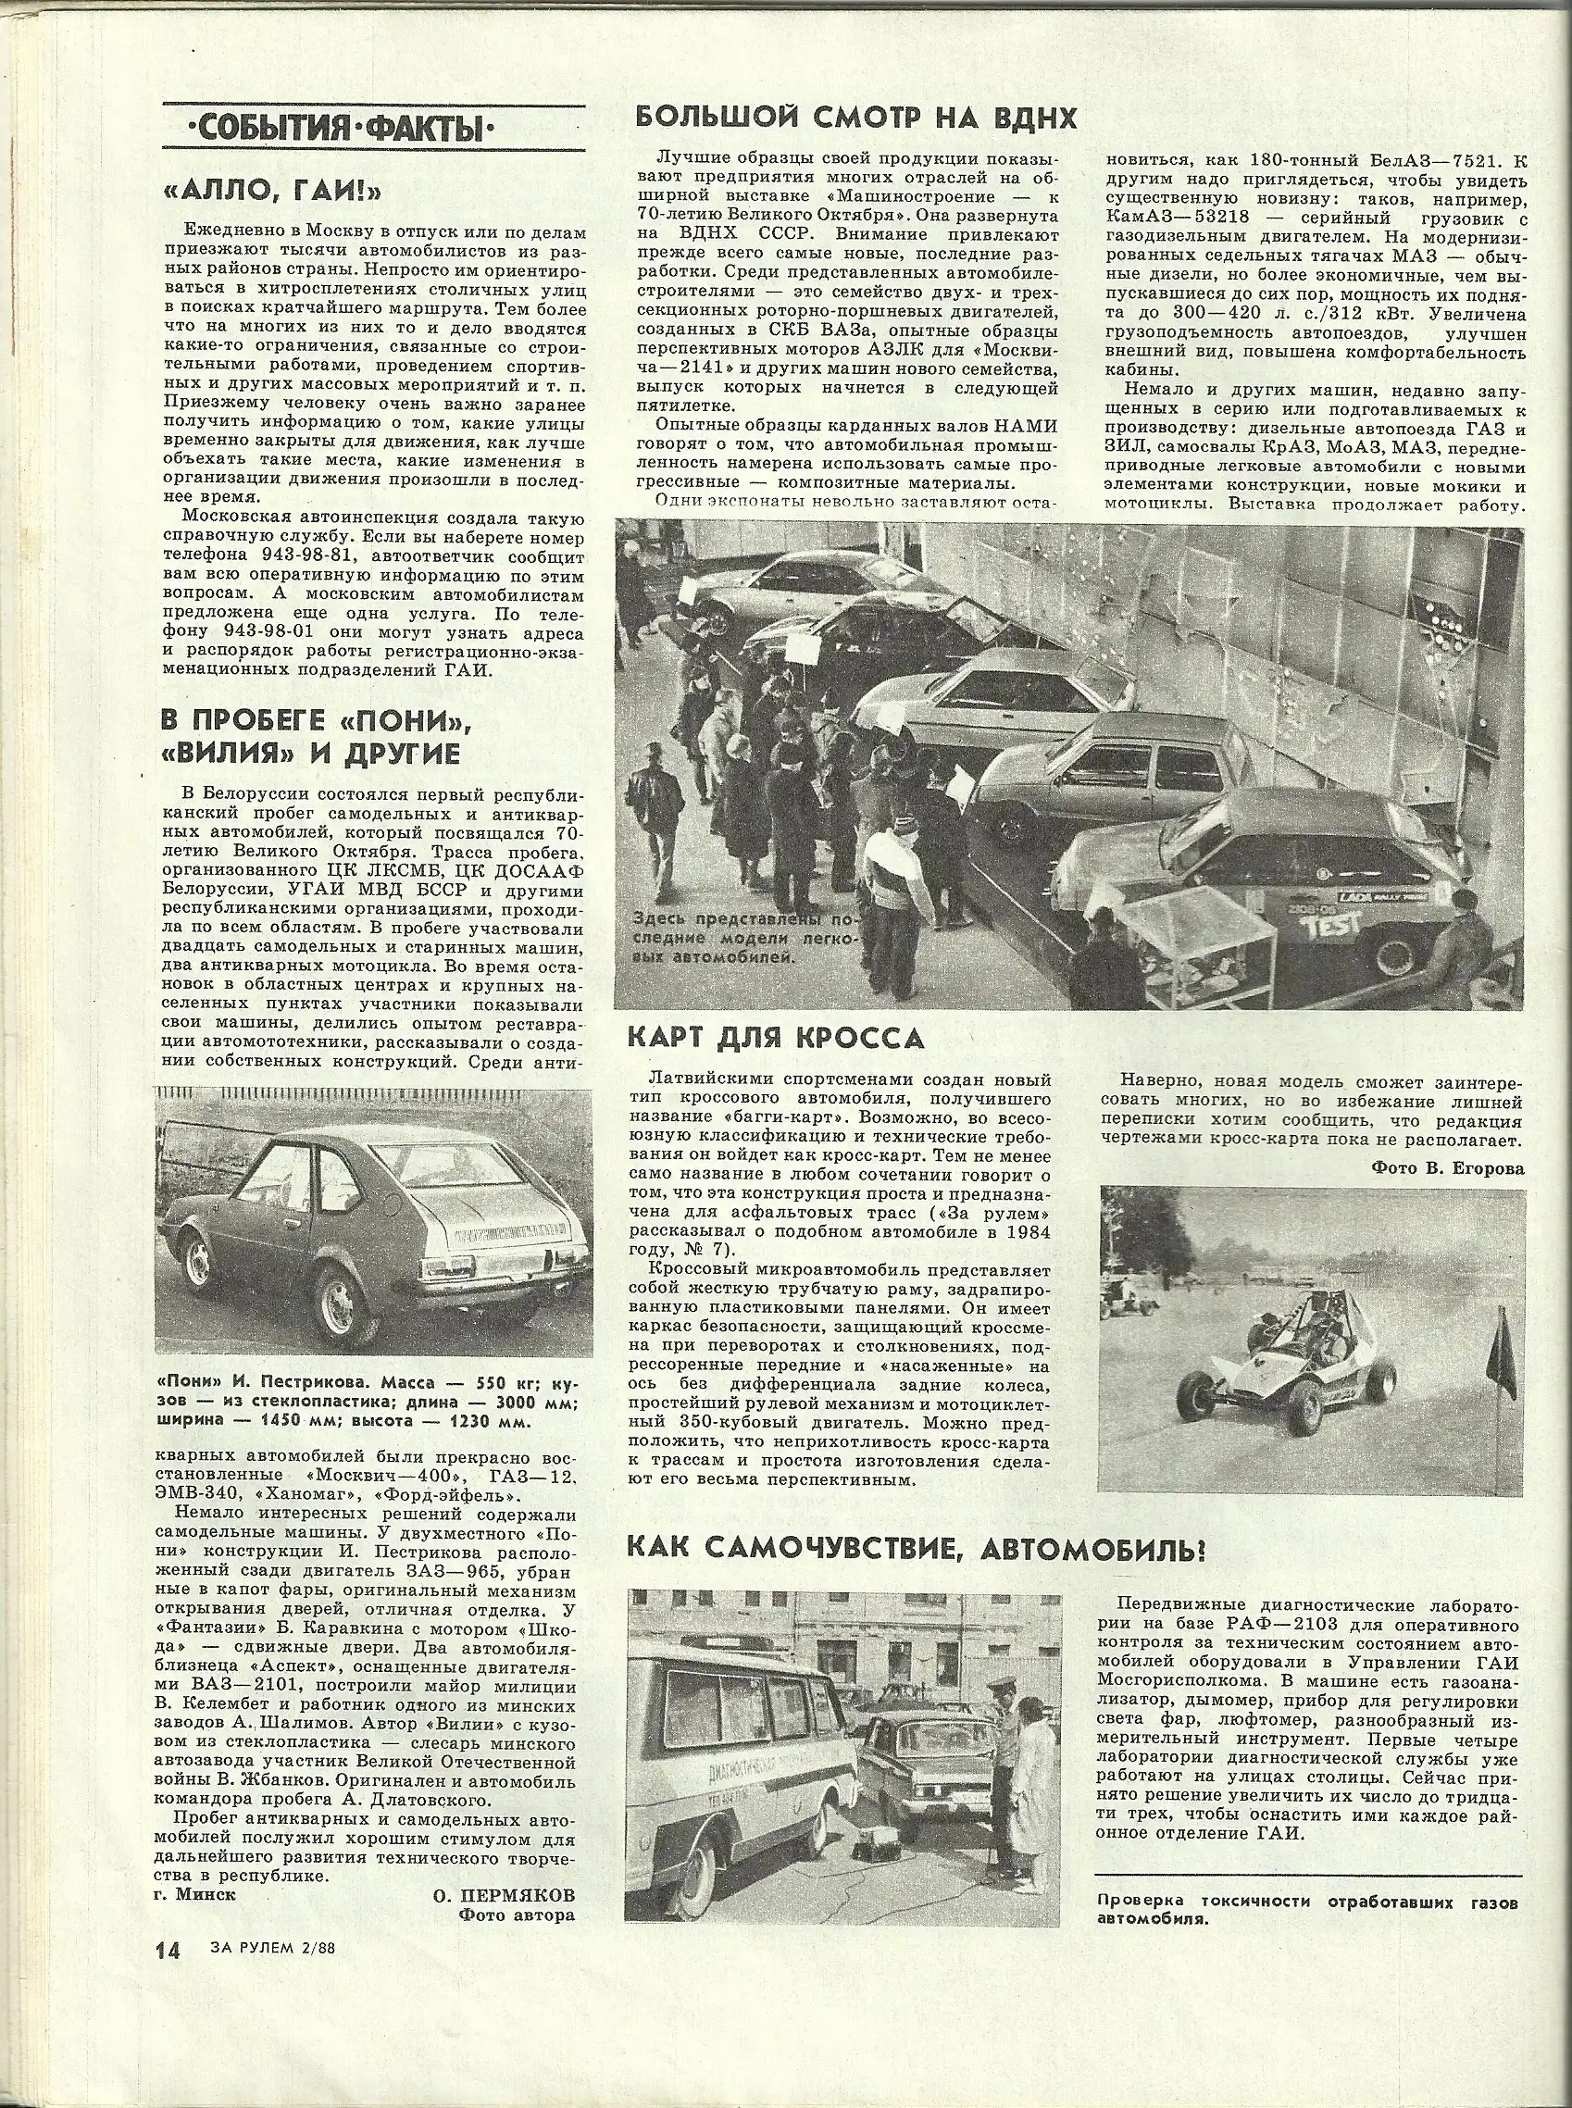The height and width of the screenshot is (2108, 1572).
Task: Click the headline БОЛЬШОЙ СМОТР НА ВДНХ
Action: tap(855, 117)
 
